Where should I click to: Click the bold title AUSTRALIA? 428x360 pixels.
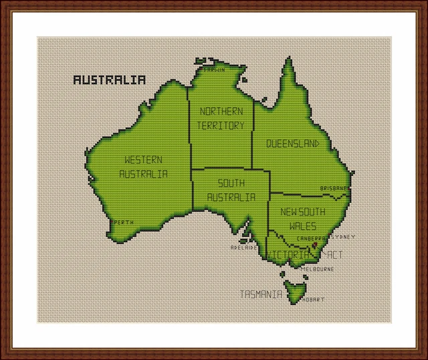[x=109, y=80]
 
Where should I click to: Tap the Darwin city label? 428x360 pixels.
[x=215, y=68]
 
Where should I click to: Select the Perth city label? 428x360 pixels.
[x=123, y=222]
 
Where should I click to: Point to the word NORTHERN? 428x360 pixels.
[x=221, y=112]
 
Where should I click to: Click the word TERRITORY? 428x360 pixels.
[x=221, y=125]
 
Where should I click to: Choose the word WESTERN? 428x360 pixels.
[x=143, y=160]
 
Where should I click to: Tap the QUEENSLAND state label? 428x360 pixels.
[x=292, y=143]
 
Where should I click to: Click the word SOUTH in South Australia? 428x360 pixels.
[x=231, y=183]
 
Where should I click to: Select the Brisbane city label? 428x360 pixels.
[x=334, y=188]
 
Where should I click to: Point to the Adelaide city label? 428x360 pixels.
[x=244, y=247]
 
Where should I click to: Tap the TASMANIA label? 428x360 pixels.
[x=261, y=294]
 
